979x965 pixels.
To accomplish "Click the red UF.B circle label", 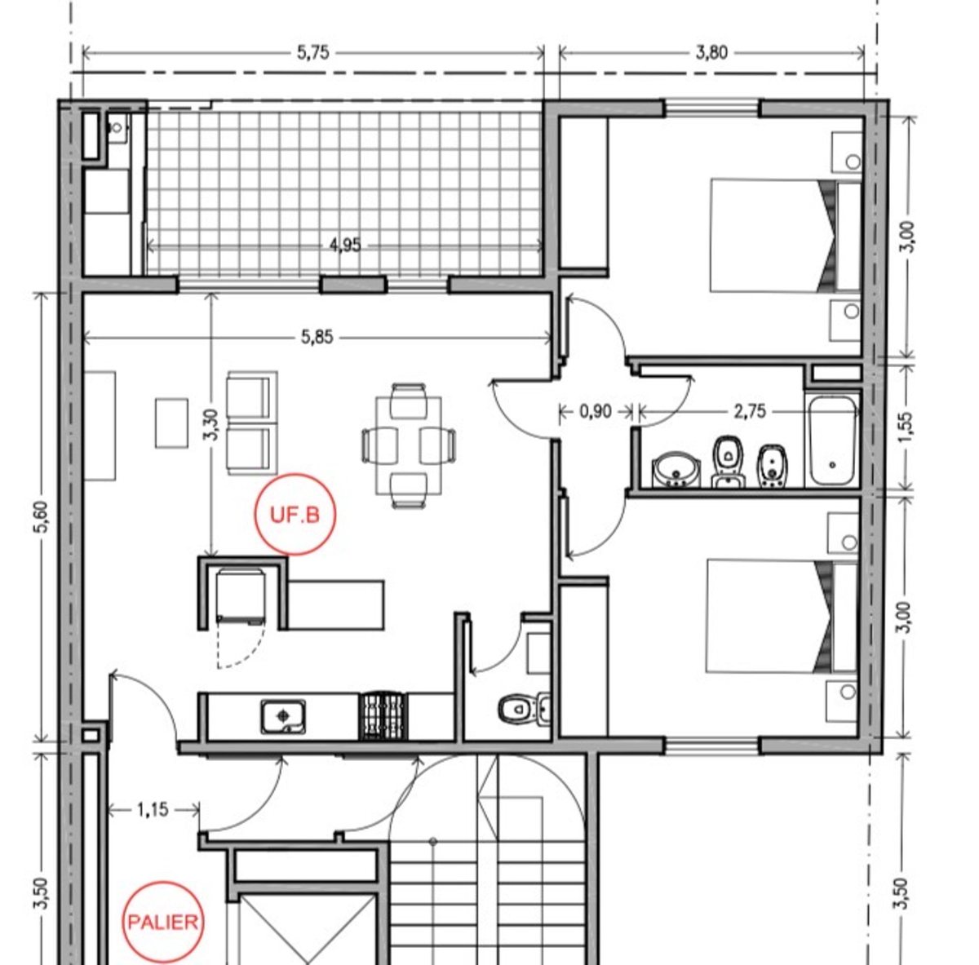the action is [x=295, y=514].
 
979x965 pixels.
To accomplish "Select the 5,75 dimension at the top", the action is [x=313, y=52].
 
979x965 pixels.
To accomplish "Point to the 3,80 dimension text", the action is [x=711, y=52].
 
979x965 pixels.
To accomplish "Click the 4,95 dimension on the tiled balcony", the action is [x=345, y=246].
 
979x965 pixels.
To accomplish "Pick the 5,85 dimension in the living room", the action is [x=317, y=337].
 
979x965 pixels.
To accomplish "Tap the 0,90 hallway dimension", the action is [x=596, y=411].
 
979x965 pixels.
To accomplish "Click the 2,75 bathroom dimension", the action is [x=750, y=411].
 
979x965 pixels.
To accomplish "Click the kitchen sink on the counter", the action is [x=283, y=716].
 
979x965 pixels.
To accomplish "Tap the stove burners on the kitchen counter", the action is [x=383, y=715].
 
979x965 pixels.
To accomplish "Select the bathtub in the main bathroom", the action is [x=832, y=440].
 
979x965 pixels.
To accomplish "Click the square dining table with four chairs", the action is [x=409, y=445].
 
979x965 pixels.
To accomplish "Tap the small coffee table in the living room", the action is [x=171, y=423].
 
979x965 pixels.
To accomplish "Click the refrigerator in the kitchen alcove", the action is [x=241, y=596].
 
